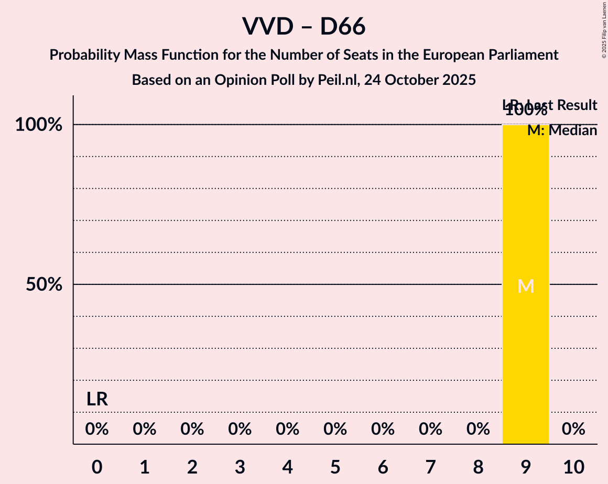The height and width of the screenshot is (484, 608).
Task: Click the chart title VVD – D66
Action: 303,26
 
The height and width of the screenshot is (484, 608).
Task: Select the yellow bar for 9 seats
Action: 526,340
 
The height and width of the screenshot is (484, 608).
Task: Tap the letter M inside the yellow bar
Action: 526,286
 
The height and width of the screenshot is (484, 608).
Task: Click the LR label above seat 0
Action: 97,399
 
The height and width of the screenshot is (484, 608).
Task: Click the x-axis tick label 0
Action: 97,467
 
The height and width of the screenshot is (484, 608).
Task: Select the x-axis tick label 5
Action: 335,467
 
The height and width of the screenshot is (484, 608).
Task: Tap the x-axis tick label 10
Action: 573,467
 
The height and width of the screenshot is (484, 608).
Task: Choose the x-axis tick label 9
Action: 526,467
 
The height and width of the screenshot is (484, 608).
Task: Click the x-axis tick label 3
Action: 240,467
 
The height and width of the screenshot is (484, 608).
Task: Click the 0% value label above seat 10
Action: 573,430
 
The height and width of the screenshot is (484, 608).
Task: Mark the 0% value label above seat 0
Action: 97,430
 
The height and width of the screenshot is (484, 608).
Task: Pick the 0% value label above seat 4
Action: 288,430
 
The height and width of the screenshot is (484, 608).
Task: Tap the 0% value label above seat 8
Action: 478,430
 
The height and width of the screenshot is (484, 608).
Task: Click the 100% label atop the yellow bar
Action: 526,111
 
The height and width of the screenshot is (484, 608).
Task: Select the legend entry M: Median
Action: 562,130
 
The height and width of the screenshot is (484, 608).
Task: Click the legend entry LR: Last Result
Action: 550,105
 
